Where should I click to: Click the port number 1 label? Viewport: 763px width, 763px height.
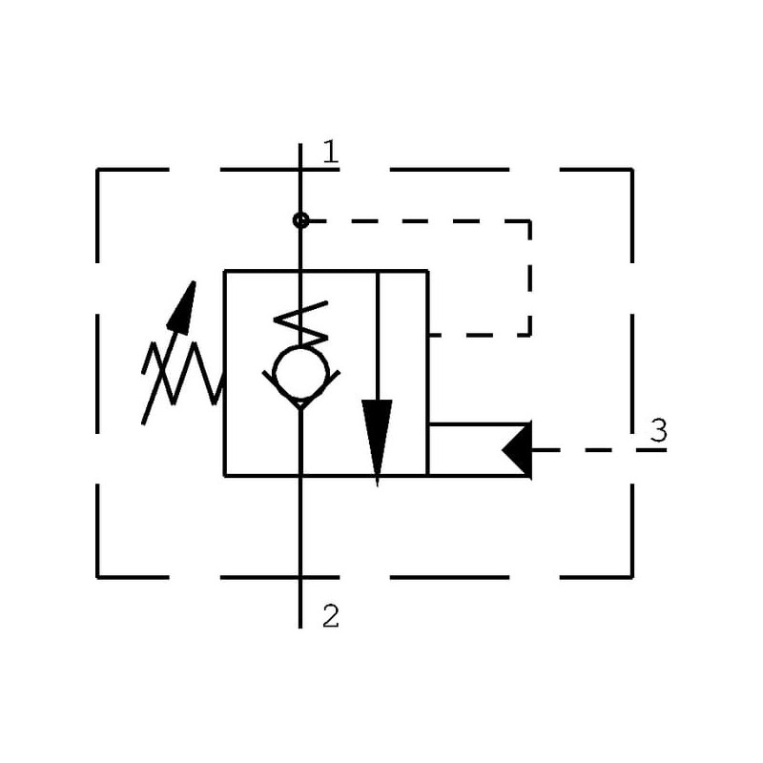pos(331,152)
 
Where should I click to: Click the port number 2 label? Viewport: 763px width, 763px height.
pos(331,616)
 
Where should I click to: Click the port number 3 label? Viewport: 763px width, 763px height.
pos(659,431)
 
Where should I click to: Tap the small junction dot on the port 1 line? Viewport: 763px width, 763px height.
pos(300,220)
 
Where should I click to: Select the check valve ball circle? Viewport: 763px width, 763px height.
pos(300,374)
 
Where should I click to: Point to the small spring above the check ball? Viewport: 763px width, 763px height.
pos(301,323)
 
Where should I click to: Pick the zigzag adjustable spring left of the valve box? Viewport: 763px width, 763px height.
pos(182,373)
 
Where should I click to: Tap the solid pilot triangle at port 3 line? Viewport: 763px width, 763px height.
pos(517,450)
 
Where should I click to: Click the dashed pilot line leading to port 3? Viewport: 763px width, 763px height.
pos(599,450)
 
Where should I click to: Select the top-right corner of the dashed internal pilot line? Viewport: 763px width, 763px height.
pos(529,221)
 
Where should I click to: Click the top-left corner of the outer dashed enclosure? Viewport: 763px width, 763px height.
pos(98,170)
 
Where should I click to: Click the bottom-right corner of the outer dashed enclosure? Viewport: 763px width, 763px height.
pos(632,578)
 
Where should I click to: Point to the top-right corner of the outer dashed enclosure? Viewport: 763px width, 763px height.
pos(632,170)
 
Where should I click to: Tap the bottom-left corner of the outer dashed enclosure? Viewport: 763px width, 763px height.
pos(98,578)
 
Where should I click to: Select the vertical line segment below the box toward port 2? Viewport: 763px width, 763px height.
pos(300,552)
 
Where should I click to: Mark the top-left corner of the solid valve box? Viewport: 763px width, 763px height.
pos(224,271)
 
